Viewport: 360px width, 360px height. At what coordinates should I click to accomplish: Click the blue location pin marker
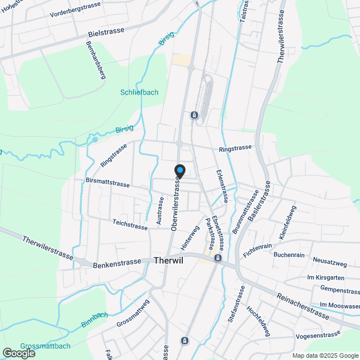(179, 170)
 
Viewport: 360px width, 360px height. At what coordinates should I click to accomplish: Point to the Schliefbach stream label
(139, 92)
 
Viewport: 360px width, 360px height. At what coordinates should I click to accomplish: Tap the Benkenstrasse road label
(117, 262)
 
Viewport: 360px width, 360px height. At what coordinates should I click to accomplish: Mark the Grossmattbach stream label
(45, 346)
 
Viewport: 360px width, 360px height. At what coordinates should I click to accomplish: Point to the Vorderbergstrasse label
(75, 9)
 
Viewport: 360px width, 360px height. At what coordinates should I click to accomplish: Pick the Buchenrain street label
(289, 255)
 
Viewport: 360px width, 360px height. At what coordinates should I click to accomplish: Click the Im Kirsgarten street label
(326, 278)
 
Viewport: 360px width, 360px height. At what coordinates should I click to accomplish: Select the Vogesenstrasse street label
(318, 335)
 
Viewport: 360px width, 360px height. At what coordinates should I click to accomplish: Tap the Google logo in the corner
(18, 353)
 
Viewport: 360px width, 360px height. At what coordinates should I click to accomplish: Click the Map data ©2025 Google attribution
(325, 355)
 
